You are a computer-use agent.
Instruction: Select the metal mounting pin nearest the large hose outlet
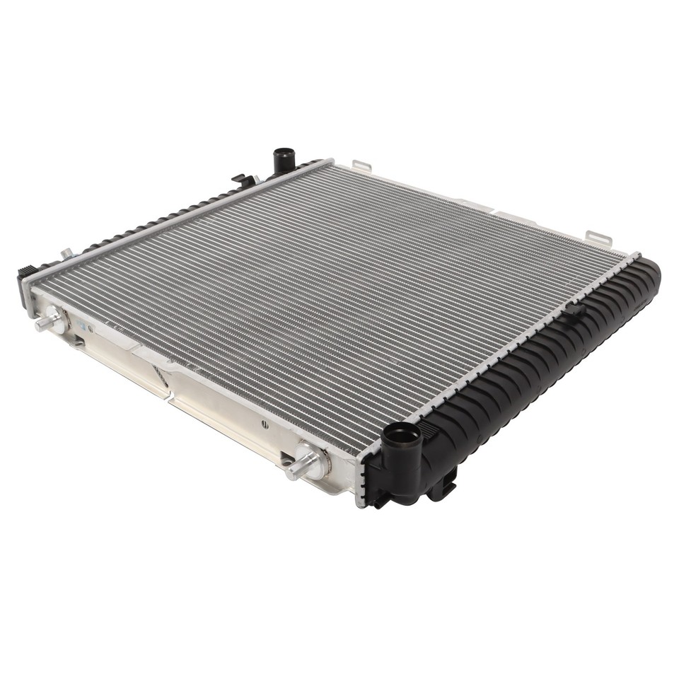click(x=301, y=468)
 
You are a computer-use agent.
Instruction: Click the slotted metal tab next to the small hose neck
click(x=361, y=167)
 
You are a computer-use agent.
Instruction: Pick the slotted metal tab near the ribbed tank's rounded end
click(x=598, y=238)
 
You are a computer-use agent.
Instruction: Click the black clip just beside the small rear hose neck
click(x=243, y=180)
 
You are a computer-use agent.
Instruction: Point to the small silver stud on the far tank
click(x=66, y=253)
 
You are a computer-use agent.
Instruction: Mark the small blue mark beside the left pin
click(x=82, y=327)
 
